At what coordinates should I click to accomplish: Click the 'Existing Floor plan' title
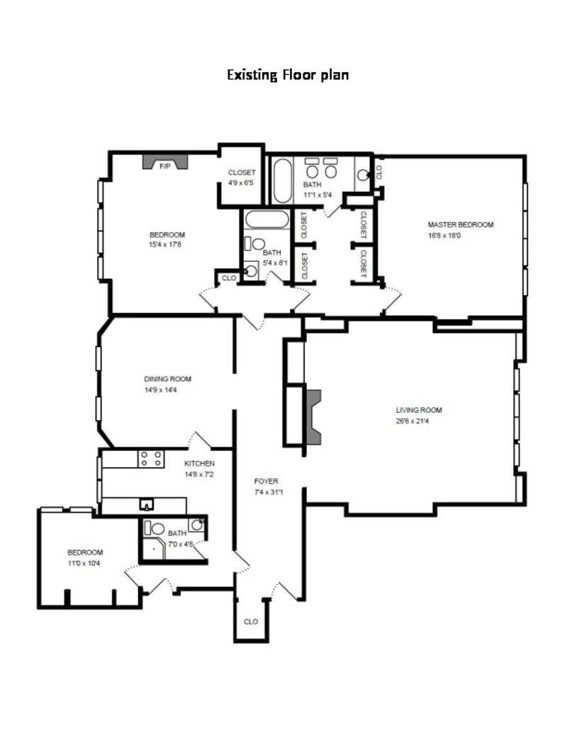pyautogui.click(x=288, y=75)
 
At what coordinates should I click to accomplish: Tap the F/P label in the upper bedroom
pyautogui.click(x=164, y=166)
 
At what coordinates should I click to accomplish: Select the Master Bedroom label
pyautogui.click(x=461, y=225)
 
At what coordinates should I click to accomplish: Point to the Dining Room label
pyautogui.click(x=167, y=379)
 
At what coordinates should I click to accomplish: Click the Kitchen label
pyautogui.click(x=199, y=464)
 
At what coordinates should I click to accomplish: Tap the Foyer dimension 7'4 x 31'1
pyautogui.click(x=269, y=491)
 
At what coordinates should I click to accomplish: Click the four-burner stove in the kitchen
pyautogui.click(x=151, y=458)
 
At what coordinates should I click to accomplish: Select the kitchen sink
pyautogui.click(x=147, y=504)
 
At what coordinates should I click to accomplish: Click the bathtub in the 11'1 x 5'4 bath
pyautogui.click(x=282, y=181)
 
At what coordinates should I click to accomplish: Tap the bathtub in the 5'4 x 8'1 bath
pyautogui.click(x=267, y=220)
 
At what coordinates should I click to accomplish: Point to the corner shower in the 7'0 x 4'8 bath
pyautogui.click(x=153, y=547)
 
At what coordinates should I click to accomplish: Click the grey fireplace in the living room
pyautogui.click(x=313, y=417)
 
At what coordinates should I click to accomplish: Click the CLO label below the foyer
pyautogui.click(x=251, y=622)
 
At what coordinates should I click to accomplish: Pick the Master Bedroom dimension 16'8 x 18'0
pyautogui.click(x=444, y=236)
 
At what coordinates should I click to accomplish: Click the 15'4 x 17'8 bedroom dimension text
pyautogui.click(x=165, y=244)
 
